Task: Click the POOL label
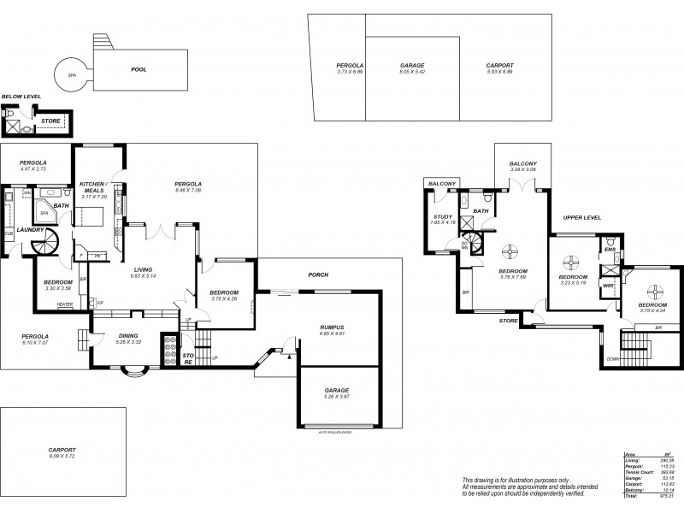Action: click(138, 69)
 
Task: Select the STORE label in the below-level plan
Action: click(50, 121)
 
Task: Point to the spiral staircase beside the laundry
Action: click(42, 245)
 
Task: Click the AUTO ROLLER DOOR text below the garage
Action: click(333, 432)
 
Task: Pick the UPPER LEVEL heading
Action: click(581, 218)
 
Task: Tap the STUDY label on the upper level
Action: click(442, 217)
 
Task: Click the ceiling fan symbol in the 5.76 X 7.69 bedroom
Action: click(509, 251)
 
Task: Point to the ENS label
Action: click(610, 249)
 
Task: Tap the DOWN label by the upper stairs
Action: click(612, 360)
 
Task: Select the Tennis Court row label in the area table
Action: click(638, 469)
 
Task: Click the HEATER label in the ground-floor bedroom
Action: click(64, 304)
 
